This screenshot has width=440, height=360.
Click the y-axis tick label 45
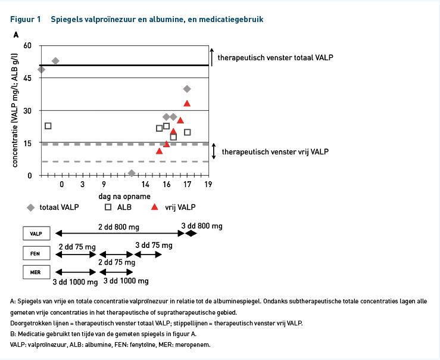coord(27,78)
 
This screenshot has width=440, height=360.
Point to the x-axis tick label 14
coord(145,185)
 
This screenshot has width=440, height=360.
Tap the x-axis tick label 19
coord(208,184)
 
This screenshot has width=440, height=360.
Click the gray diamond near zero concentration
coord(132,173)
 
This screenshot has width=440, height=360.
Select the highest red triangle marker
coord(187,103)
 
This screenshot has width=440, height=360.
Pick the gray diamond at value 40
coord(187,89)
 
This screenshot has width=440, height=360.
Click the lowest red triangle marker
coord(159,151)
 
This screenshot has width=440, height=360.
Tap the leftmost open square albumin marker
coord(48,126)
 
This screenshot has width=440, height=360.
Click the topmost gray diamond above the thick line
coord(55,61)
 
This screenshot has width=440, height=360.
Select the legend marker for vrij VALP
coord(154,207)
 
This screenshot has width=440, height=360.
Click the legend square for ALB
coord(108,207)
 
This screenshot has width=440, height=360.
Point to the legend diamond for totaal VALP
coord(30,207)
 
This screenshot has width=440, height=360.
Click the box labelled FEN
coord(36,253)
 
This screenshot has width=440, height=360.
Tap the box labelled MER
coord(36,272)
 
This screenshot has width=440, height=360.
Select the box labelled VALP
coord(36,234)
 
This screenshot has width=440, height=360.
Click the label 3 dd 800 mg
coord(202,226)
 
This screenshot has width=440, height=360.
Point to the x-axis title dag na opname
coord(124,196)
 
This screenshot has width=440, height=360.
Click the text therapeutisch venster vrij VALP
coord(275,151)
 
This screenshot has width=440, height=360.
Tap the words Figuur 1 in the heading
coord(26,20)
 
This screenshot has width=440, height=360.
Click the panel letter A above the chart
coord(16,35)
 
